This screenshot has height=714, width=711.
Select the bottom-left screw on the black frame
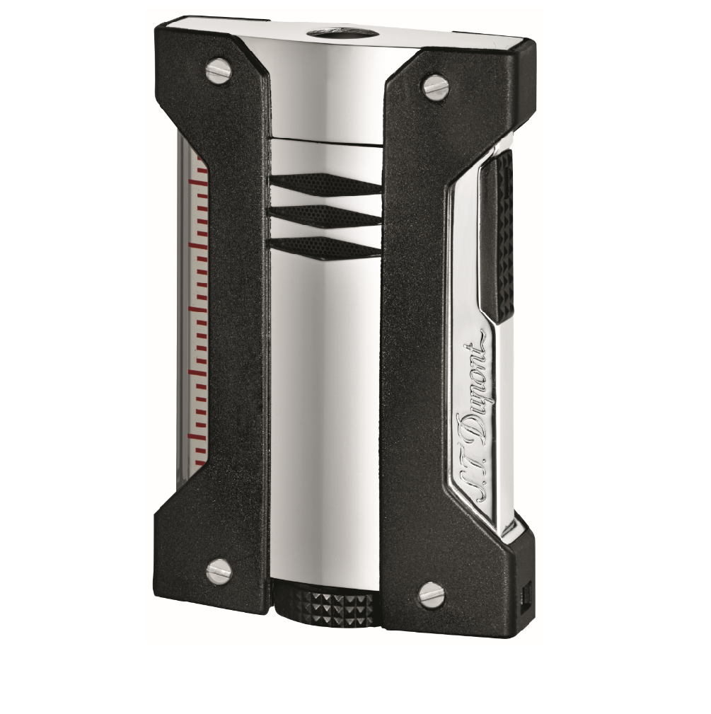218,570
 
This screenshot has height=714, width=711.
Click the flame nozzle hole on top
328,35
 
